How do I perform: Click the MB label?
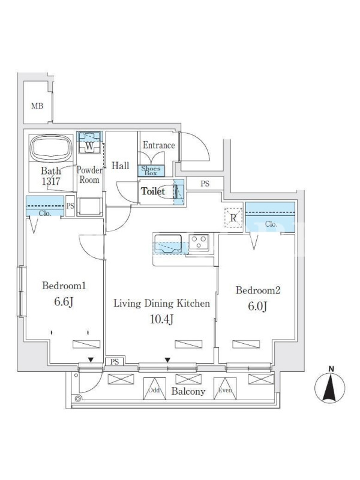(37, 106)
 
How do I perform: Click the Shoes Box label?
(150, 171)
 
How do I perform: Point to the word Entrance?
(158, 145)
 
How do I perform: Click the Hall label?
(120, 166)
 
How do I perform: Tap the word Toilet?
(152, 192)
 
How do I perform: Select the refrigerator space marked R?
(233, 218)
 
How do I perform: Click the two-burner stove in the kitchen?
(199, 242)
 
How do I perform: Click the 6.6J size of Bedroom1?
(64, 302)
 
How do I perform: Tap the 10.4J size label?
(162, 319)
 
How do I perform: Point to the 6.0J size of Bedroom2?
(258, 306)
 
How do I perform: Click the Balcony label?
(188, 392)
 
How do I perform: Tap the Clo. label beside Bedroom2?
(270, 225)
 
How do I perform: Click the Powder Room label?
(89, 175)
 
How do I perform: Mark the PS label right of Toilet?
(205, 184)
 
